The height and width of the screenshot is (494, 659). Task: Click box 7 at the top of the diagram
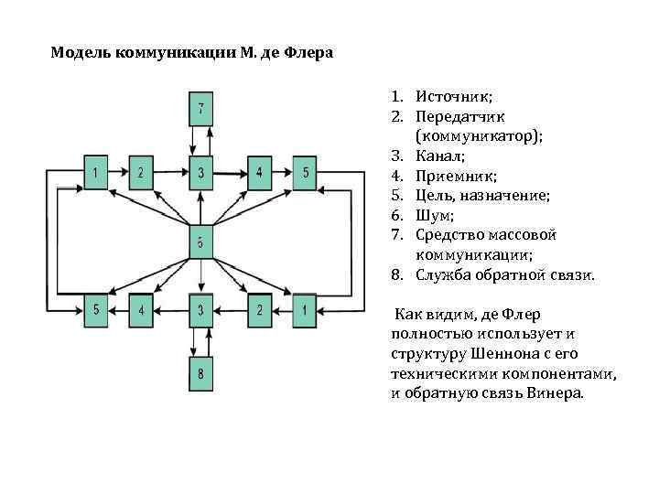pyautogui.click(x=201, y=110)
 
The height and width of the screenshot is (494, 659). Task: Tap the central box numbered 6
pyautogui.click(x=201, y=242)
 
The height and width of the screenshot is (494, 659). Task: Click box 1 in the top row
pyautogui.click(x=96, y=172)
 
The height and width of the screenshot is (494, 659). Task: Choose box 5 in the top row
pyautogui.click(x=306, y=172)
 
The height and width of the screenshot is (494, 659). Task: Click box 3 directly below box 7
pyautogui.click(x=201, y=172)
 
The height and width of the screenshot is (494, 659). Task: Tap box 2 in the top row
pyautogui.click(x=141, y=172)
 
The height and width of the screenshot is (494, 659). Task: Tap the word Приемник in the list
pyautogui.click(x=450, y=176)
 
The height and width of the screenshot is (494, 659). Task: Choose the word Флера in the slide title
pyautogui.click(x=311, y=52)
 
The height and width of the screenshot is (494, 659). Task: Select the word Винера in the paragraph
pyautogui.click(x=556, y=393)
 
